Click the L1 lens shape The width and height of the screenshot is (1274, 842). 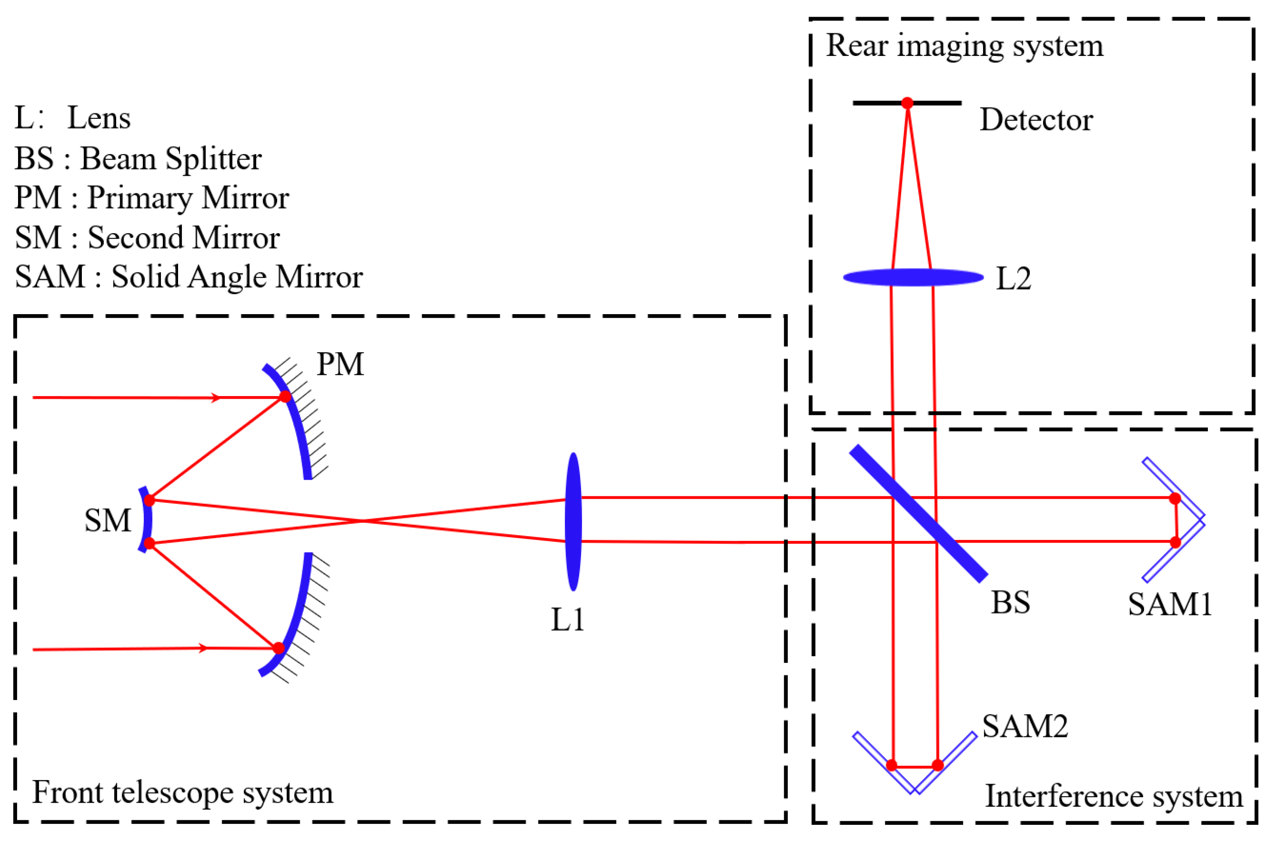click(573, 521)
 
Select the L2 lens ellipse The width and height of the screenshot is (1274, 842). click(913, 278)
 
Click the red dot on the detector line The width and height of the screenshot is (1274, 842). click(907, 103)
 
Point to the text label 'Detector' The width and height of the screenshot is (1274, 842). click(1036, 120)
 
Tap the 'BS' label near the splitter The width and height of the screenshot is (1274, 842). click(1010, 602)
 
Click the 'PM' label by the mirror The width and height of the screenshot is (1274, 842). click(340, 365)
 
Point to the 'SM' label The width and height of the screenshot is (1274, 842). click(108, 520)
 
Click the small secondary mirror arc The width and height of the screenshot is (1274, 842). click(146, 520)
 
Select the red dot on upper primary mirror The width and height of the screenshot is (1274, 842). click(285, 397)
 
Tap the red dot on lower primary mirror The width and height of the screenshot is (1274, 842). click(278, 648)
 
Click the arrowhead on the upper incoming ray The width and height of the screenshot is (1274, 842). click(216, 398)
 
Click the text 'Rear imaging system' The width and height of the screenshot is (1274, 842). click(964, 46)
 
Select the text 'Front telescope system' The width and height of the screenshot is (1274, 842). click(183, 792)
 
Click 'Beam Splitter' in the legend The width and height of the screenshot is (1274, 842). click(171, 159)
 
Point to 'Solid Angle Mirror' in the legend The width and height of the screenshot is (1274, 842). click(237, 277)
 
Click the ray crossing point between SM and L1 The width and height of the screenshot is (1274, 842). click(364, 521)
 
